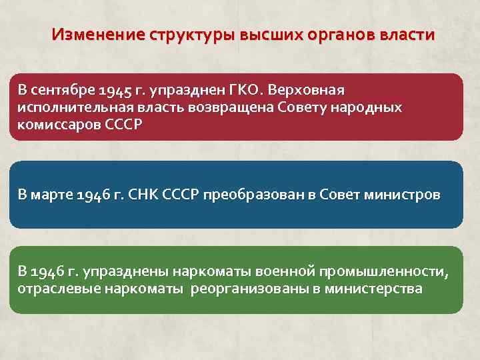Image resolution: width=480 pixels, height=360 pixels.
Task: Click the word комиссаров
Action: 59,125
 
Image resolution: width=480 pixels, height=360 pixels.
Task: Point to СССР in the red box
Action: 124,125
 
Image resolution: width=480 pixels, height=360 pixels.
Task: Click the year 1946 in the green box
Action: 46,271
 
